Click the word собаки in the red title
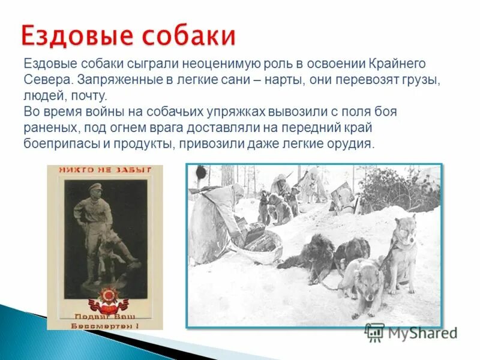point(190,35)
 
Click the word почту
point(90,96)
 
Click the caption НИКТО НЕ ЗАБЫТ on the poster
point(104,170)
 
